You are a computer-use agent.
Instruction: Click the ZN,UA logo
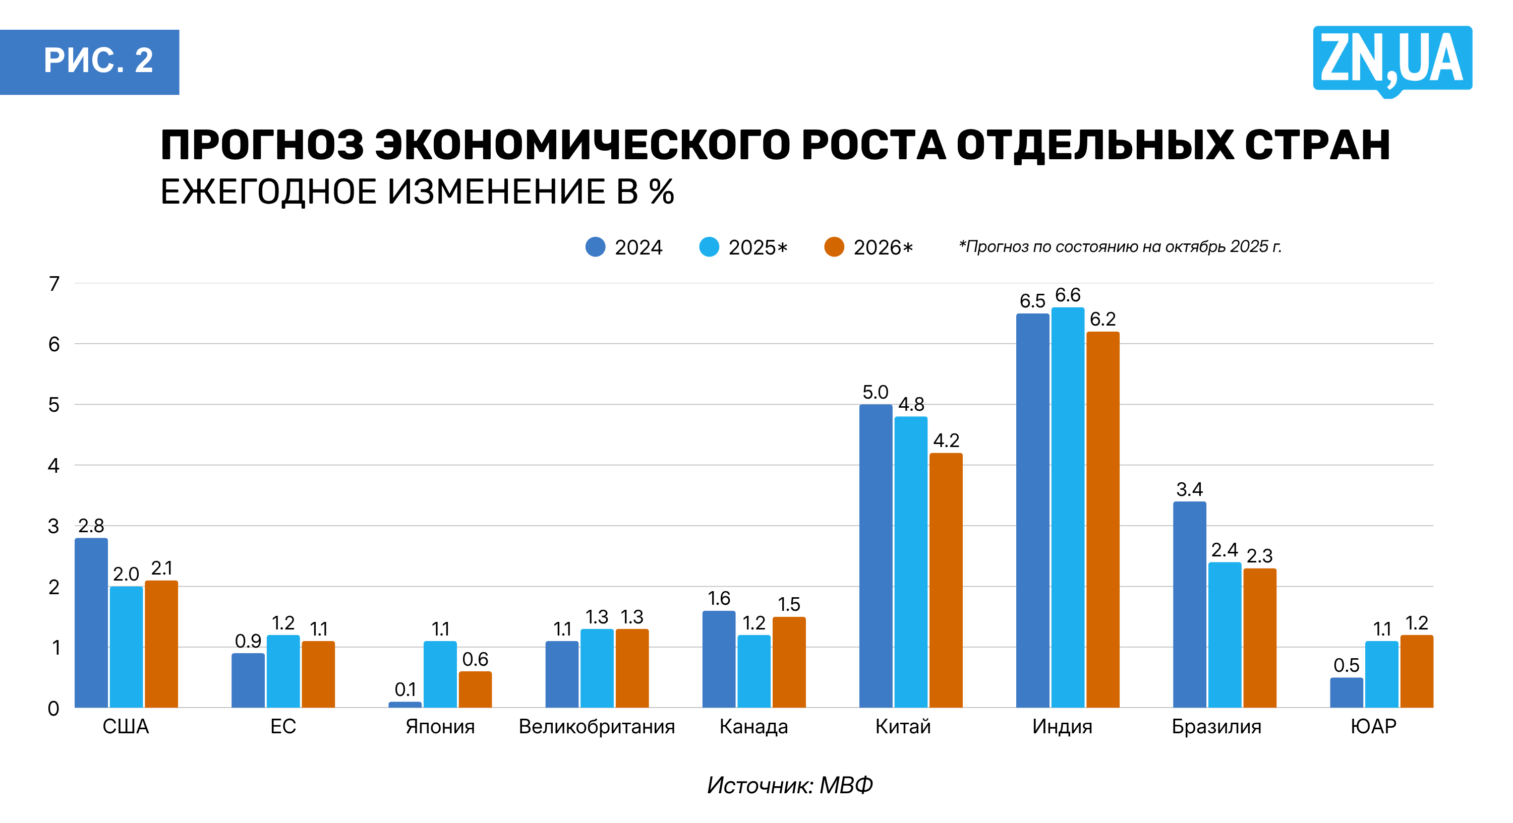[x=1392, y=58]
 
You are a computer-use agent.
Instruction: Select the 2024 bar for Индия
[x=1032, y=511]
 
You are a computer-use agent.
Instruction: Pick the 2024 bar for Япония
[x=404, y=704]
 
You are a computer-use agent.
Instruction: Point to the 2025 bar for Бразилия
[x=1225, y=635]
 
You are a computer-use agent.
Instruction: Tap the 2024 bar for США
[x=91, y=622]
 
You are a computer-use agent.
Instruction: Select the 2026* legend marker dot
[x=834, y=247]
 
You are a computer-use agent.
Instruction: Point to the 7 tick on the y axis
[x=54, y=284]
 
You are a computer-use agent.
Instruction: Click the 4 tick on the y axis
[x=54, y=466]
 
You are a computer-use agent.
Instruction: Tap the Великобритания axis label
[x=597, y=727]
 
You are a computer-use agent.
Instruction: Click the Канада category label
[x=753, y=727]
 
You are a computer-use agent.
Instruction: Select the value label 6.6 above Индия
[x=1067, y=295]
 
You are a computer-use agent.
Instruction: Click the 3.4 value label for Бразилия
[x=1189, y=489]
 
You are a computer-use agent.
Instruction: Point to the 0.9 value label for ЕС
[x=248, y=641]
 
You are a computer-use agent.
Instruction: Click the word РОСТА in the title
[x=874, y=145]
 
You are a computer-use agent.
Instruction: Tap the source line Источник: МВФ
[x=789, y=785]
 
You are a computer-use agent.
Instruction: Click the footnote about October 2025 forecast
[x=1120, y=246]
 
